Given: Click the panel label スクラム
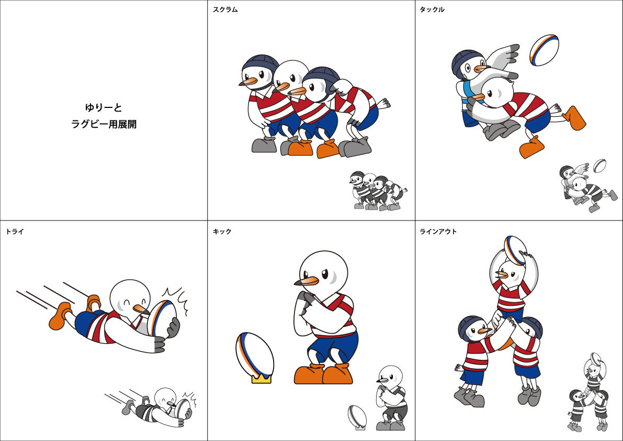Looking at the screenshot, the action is pos(225,9).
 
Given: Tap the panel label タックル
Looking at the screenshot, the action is pos(432,9).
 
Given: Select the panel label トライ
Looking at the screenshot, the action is pos(15,231).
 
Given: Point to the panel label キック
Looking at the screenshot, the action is pos(222,231).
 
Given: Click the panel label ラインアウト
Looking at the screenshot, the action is pos(438,231).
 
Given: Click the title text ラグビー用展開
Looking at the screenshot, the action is pos(104,124).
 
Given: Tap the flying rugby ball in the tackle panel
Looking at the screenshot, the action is pos(544,50).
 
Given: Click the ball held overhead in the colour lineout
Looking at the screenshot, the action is pos(515,250).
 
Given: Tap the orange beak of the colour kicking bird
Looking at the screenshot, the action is pos(307,282).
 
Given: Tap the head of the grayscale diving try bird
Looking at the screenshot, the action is pos(165,398).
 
